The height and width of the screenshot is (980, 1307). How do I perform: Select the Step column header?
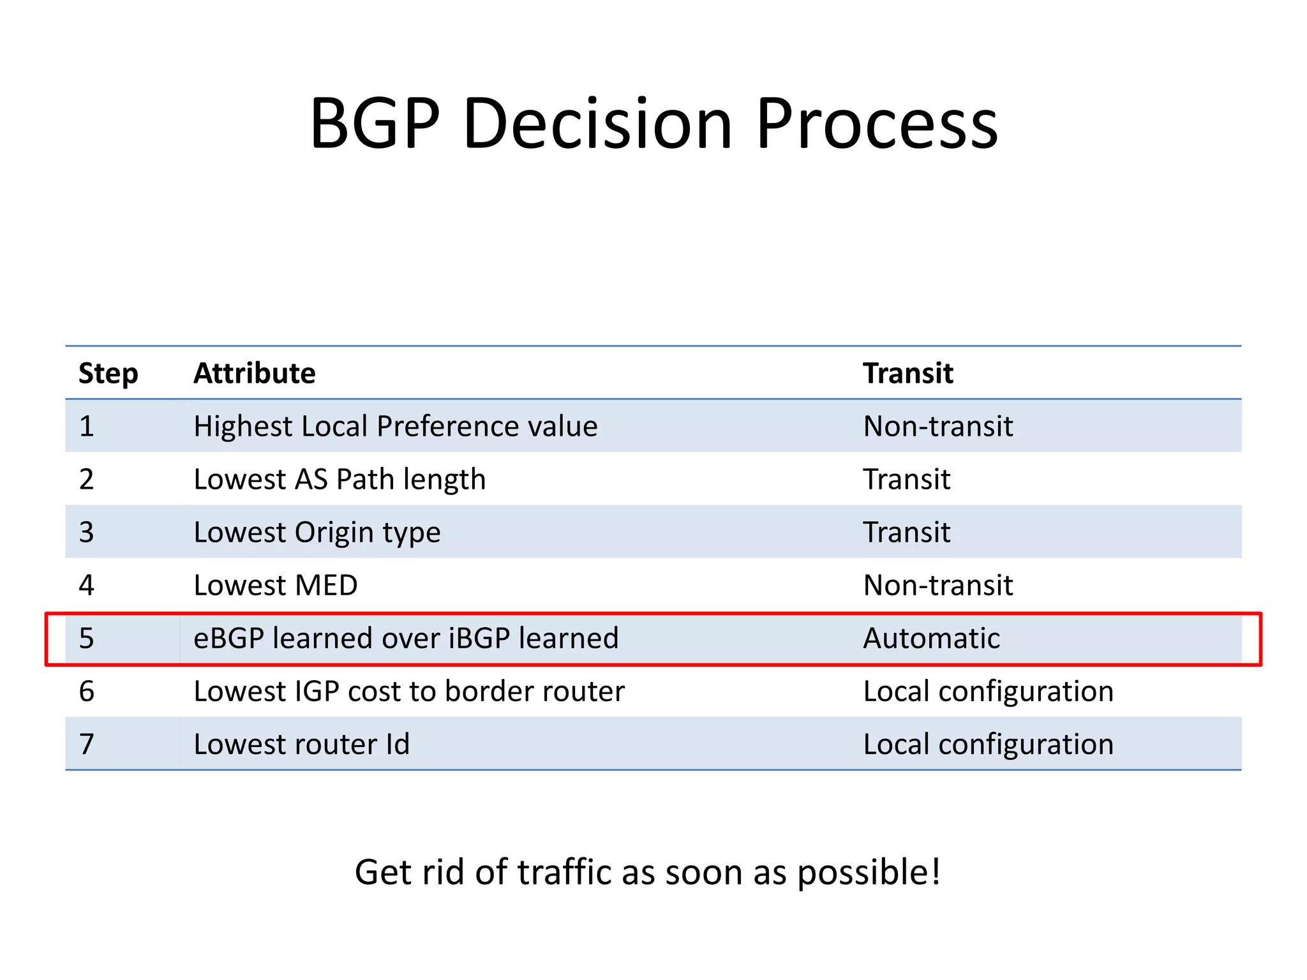[x=108, y=373]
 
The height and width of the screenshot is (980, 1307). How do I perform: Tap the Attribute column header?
[x=254, y=373]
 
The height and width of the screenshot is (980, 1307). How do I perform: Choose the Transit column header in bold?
[x=907, y=373]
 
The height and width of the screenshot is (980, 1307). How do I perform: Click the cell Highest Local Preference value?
[x=395, y=426]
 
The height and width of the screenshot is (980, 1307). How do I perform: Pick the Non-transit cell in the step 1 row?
[x=937, y=426]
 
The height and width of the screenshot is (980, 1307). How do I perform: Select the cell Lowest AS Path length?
[x=339, y=479]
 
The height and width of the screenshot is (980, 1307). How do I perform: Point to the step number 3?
[x=87, y=532]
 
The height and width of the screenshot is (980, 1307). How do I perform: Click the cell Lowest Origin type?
[x=317, y=532]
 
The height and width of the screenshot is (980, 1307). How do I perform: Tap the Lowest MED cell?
[x=275, y=585]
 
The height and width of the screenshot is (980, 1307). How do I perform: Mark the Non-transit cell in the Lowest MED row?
[x=937, y=585]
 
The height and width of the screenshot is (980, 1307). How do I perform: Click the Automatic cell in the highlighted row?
[x=931, y=638]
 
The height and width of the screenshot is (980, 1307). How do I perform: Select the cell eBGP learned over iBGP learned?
[x=406, y=638]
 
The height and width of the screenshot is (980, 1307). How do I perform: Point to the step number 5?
[x=87, y=638]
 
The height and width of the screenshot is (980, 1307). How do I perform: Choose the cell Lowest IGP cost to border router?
[x=408, y=691]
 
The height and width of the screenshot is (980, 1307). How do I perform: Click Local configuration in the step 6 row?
[x=988, y=691]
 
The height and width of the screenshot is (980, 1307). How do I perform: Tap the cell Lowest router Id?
[x=301, y=744]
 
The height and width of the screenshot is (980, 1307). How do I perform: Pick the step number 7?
[x=87, y=744]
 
